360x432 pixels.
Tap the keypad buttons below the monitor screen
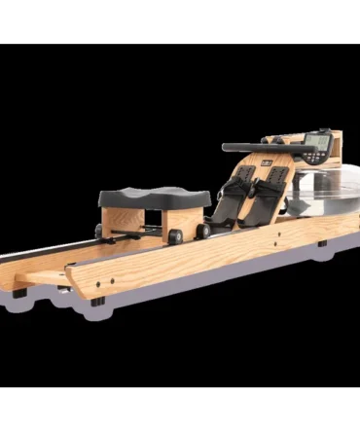[x=317, y=154]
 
